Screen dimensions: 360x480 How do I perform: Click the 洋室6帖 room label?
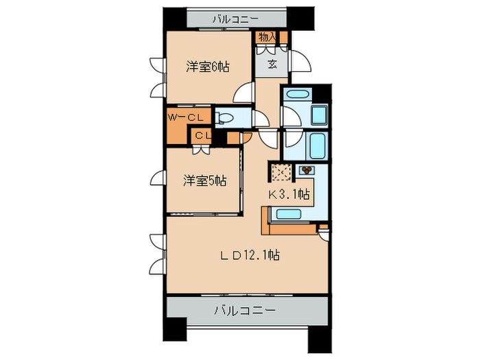click(208, 67)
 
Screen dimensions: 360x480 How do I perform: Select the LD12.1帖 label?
click(249, 256)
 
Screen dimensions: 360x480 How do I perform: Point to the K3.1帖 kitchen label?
click(289, 194)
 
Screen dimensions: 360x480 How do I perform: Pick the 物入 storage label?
click(267, 37)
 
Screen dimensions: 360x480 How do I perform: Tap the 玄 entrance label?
click(272, 65)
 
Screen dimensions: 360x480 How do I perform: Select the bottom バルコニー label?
click(245, 310)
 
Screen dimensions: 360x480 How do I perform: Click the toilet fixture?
click(226, 118)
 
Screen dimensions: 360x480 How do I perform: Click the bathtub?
click(317, 145)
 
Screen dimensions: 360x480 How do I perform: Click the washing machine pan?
click(319, 115)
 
